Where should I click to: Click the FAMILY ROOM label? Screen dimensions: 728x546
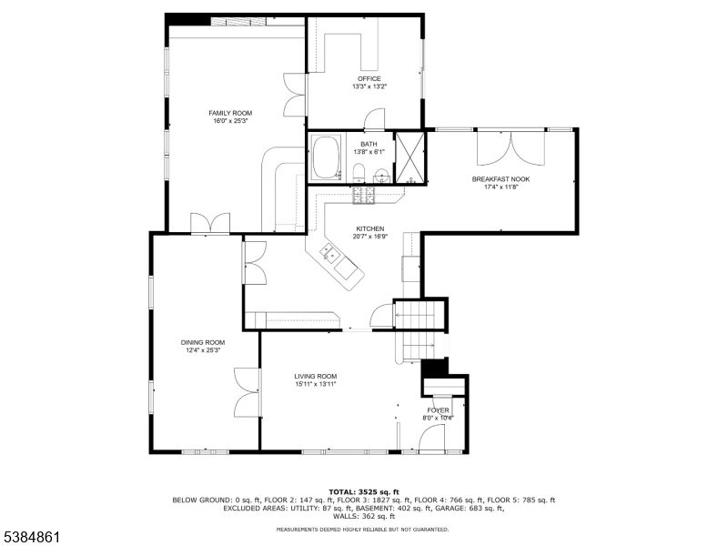point(230,113)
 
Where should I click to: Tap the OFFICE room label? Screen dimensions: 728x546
point(369,79)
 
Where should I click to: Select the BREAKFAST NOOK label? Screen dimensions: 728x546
point(501,179)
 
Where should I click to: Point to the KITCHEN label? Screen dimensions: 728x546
point(370,229)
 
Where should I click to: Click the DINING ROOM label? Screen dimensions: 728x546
point(203,343)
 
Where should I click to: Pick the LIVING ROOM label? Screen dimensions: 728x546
point(316,377)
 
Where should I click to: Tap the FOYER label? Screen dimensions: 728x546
point(439,410)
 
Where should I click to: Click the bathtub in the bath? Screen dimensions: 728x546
point(327,157)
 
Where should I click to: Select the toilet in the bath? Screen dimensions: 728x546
point(359,173)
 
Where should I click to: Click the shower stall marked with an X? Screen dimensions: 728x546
point(409,157)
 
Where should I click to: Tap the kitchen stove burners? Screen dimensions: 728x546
point(363,195)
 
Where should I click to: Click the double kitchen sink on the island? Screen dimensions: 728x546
point(330,252)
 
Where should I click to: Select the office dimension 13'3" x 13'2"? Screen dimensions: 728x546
point(369,86)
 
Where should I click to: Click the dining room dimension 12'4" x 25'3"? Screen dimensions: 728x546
point(203,350)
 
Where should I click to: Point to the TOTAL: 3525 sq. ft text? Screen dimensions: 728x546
point(364,492)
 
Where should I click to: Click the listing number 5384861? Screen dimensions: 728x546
point(30,537)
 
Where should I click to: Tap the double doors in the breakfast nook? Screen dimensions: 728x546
point(511,148)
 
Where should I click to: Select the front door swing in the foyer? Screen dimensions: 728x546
point(431,438)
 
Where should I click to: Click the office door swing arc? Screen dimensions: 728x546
point(374,119)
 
